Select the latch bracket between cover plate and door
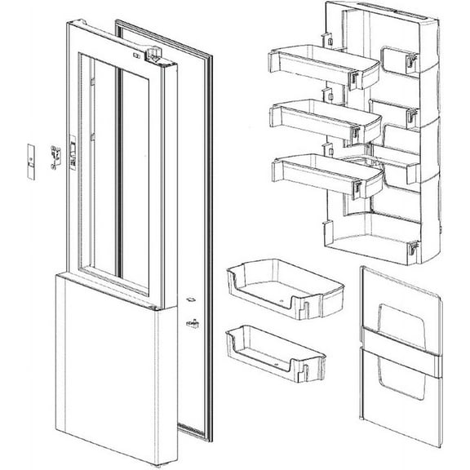pos(56,153)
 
